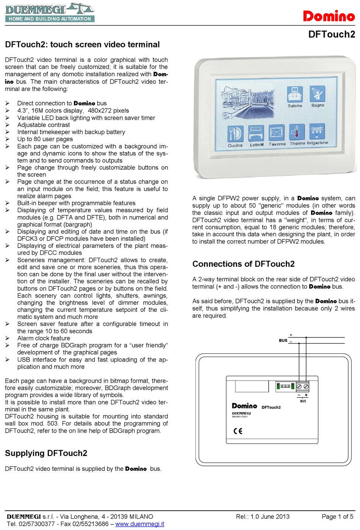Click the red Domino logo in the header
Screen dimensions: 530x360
329,16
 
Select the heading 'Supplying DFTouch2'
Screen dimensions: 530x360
46,453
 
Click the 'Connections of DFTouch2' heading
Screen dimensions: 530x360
243,264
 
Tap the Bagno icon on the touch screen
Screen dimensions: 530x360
318,93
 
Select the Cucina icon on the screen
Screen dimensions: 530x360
235,133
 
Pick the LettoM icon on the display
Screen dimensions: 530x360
256,133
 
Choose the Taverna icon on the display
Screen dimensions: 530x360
277,133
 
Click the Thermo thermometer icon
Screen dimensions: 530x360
297,132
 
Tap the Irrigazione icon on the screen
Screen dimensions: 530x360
317,132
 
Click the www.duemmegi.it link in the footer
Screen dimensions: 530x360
139,524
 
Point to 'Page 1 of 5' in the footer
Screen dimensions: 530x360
337,516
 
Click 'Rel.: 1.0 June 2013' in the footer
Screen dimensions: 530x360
262,516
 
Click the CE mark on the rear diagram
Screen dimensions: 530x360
238,431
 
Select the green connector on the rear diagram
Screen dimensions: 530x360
278,386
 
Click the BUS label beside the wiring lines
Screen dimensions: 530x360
283,340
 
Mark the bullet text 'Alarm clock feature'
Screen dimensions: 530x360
44,338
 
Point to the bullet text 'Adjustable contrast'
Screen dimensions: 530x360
44,125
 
